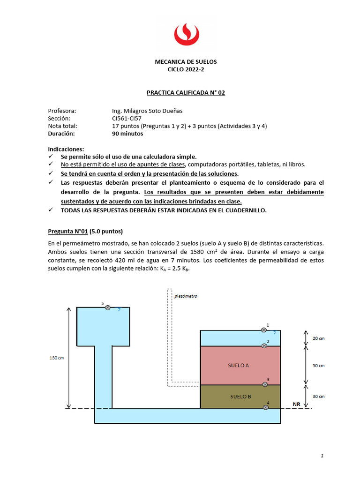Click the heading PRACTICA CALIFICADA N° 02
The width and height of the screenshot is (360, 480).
pos(186,93)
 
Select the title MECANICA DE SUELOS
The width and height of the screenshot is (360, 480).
pos(186,62)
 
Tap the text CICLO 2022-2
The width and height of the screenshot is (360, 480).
pos(186,69)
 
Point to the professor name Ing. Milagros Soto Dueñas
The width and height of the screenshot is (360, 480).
pos(147,111)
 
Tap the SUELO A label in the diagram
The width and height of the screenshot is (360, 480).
pos(239,365)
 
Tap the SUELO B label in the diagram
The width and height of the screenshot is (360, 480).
pos(240,396)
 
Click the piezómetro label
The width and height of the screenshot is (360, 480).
pos(186,296)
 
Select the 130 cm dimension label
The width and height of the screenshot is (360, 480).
pos(57,358)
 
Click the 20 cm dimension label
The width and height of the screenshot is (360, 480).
pos(318,338)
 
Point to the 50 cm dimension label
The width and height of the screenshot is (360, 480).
pos(318,365)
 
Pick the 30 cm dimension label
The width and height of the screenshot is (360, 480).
pos(318,396)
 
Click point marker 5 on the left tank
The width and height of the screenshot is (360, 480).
pos(108,307)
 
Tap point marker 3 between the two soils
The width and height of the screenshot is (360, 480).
pos(265,384)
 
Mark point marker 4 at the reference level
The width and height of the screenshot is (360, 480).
pos(266,407)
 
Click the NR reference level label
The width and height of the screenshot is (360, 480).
pos(296,404)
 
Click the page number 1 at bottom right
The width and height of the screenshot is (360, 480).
pos(322,455)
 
